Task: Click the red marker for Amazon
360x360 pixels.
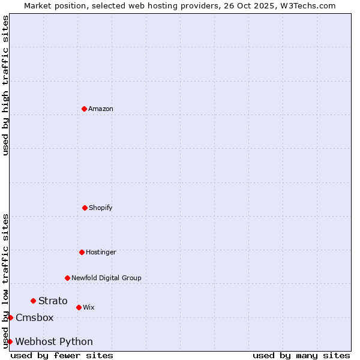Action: tap(84, 109)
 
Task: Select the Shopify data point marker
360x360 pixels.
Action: tap(85, 208)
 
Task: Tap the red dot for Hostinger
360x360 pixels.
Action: tap(82, 252)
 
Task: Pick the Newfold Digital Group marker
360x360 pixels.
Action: tap(67, 278)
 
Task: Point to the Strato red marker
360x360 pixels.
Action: tap(33, 301)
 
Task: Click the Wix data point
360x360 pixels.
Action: tap(79, 307)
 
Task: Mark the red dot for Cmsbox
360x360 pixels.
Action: tap(10, 317)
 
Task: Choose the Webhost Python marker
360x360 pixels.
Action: tap(10, 341)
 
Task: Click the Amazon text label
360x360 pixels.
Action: tap(101, 109)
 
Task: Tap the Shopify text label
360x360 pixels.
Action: tap(101, 208)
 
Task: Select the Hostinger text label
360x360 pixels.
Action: tap(101, 252)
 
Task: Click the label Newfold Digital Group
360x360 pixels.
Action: tap(107, 278)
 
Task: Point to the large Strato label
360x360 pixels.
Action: tap(53, 301)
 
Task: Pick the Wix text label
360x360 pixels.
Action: tap(89, 307)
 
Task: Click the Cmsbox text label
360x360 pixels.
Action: tap(35, 317)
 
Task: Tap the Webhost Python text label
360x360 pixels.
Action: tap(54, 341)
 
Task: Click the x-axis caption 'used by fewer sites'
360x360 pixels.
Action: tap(62, 355)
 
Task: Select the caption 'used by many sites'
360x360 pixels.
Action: tap(301, 355)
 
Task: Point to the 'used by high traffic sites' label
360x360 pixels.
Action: tap(5, 85)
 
